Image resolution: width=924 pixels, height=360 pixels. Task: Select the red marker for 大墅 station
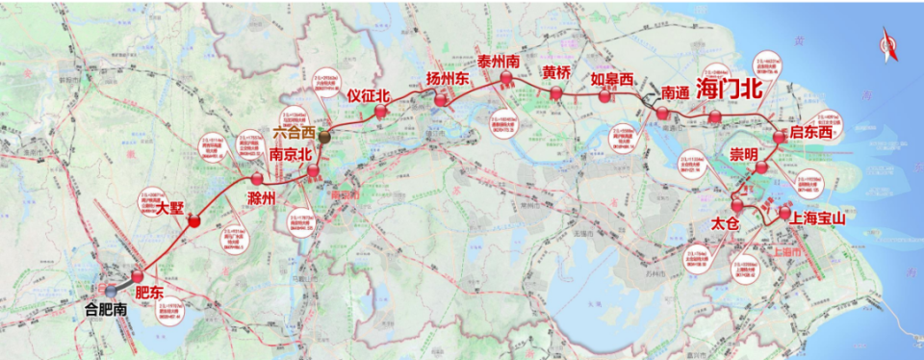coord(194,221)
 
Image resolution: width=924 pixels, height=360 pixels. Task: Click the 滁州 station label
coord(262,197)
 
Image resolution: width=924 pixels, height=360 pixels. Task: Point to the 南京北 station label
coord(291,153)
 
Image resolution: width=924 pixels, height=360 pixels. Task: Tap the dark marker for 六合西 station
coord(326,138)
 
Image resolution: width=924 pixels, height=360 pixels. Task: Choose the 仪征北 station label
coord(369,95)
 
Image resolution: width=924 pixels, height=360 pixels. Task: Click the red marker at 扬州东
coord(441,99)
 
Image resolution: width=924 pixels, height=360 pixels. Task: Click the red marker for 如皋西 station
coord(604,95)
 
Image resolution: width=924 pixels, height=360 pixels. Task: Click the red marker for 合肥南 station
coord(113,290)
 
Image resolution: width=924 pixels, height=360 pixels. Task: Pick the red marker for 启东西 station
coord(779,137)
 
